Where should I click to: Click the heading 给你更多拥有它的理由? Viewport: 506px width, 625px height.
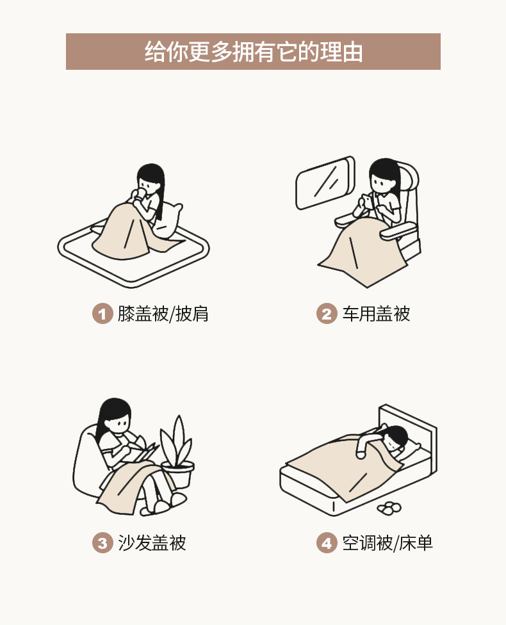[253, 52]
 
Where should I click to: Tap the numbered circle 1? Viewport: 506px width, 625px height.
[102, 314]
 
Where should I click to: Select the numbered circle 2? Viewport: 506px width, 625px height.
[327, 314]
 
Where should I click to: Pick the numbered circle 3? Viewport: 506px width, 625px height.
[102, 543]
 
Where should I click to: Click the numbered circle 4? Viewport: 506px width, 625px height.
[327, 543]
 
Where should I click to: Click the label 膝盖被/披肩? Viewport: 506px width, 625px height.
[163, 314]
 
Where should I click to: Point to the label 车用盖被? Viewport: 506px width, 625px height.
[376, 314]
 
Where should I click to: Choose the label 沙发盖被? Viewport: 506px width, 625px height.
[152, 543]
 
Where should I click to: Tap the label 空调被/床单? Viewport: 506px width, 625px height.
[387, 543]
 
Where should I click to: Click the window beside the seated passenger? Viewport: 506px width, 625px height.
[325, 183]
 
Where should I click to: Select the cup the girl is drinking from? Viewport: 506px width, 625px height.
[139, 195]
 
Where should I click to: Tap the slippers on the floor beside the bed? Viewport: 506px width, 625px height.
[389, 507]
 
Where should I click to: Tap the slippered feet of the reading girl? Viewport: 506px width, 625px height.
[163, 504]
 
